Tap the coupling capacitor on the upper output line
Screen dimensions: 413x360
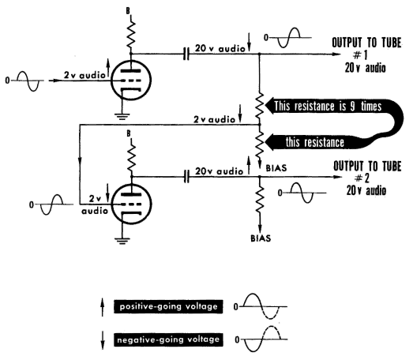point(186,54)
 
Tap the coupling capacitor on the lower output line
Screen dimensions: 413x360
point(186,176)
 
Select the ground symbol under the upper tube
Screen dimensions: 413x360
point(122,116)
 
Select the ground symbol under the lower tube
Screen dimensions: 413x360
point(122,241)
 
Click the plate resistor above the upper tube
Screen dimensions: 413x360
point(131,34)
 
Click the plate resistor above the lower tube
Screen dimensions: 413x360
point(131,157)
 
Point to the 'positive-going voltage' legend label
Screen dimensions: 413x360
point(168,306)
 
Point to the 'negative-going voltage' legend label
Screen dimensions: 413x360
point(168,339)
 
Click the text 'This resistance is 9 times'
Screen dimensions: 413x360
point(328,107)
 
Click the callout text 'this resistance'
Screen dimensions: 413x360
point(315,142)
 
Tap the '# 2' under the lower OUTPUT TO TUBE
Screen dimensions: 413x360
point(362,178)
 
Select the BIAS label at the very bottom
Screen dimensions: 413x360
point(261,238)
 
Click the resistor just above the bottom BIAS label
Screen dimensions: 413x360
point(260,199)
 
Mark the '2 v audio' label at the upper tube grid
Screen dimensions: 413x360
point(84,75)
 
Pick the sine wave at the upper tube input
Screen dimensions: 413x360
point(28,81)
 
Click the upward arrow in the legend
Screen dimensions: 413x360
point(103,307)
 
